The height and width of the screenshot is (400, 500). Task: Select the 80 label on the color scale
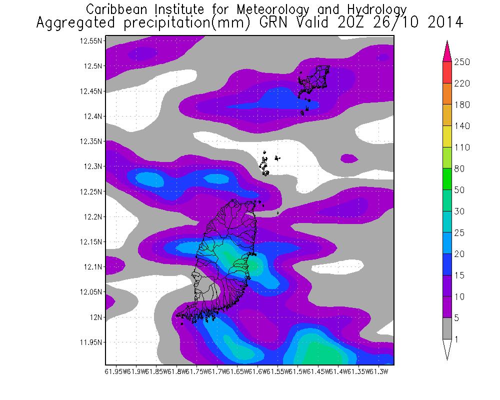459,169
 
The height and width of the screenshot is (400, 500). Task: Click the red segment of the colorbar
447,72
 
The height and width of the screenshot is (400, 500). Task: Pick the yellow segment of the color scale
447,136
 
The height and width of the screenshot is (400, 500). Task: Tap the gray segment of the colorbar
447,328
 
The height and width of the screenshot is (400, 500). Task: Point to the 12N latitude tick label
95,317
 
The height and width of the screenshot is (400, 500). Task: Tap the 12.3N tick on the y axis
93,166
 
